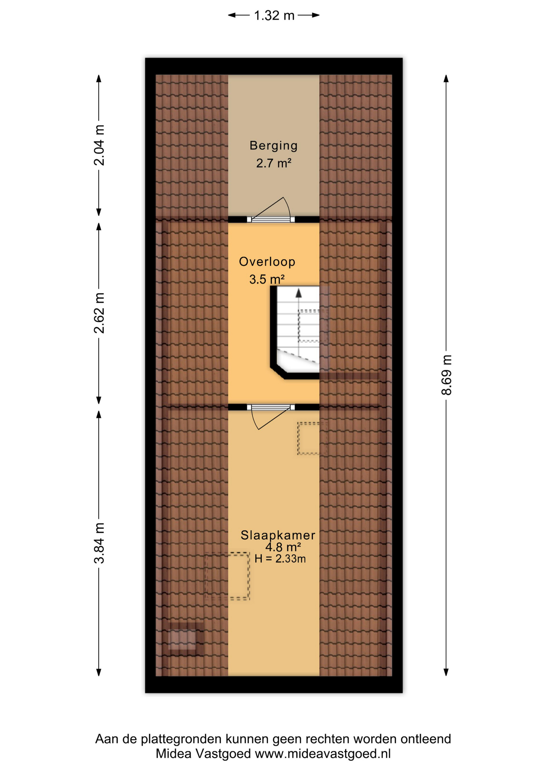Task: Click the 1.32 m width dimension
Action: [274, 16]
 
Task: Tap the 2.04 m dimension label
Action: [99, 145]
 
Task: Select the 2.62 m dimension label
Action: [99, 313]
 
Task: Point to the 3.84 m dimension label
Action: [99, 543]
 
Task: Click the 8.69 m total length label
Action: [446, 375]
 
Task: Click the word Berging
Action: [274, 145]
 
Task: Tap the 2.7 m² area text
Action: [274, 163]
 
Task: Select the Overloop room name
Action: [267, 261]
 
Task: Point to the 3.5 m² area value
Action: [267, 279]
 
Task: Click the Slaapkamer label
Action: [278, 535]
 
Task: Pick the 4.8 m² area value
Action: [283, 547]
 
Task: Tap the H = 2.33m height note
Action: [280, 558]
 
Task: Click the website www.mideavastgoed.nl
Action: [323, 754]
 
